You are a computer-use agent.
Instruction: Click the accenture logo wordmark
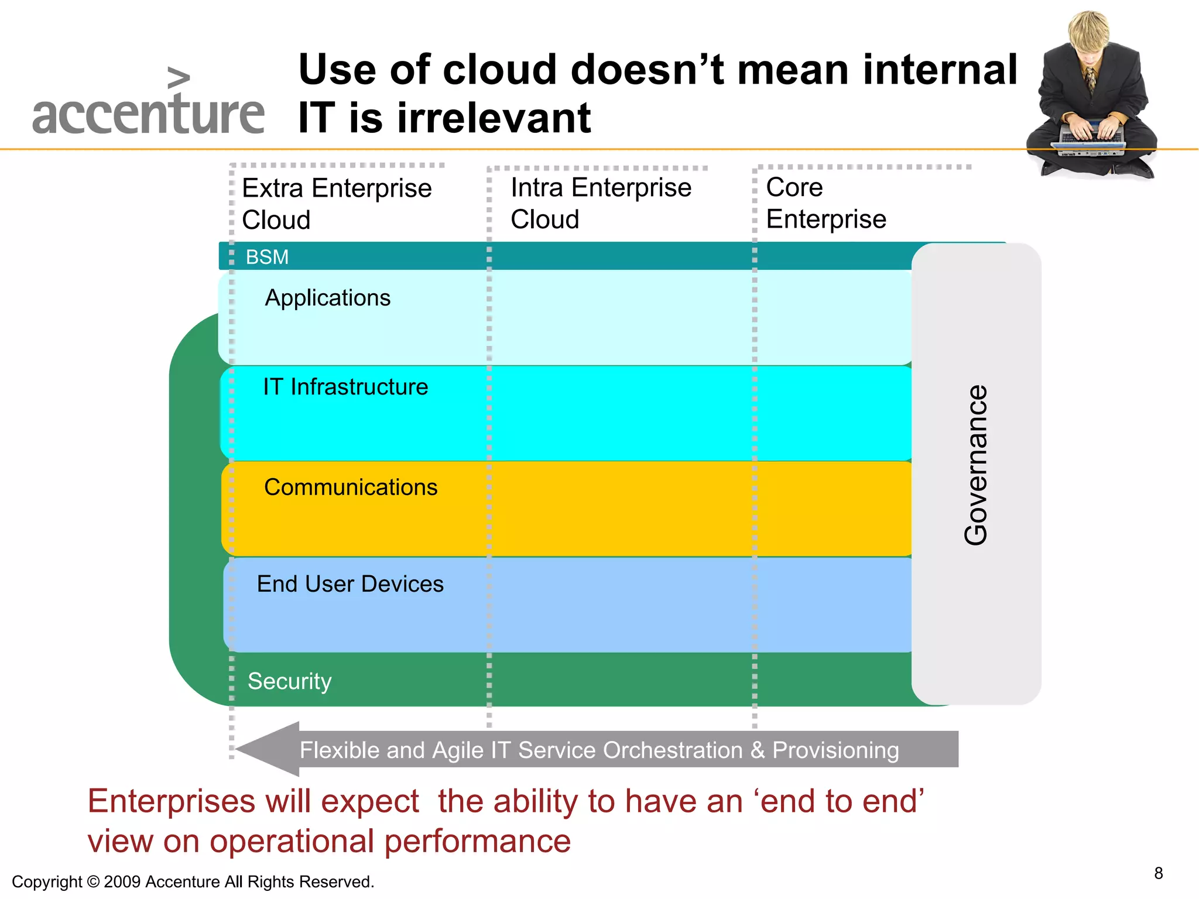(148, 115)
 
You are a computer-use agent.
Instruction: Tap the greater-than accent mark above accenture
(178, 78)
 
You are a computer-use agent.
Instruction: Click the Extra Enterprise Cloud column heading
(337, 204)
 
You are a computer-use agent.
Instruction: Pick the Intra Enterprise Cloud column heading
(600, 203)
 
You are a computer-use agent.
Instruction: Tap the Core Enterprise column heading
(825, 203)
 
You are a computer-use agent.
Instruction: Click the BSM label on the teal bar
(267, 257)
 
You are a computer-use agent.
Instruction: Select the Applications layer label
(327, 298)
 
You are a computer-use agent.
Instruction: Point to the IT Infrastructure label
(345, 387)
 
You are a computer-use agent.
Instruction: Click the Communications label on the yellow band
(351, 487)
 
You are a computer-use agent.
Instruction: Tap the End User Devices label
(350, 584)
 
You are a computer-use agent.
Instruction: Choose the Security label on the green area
(289, 681)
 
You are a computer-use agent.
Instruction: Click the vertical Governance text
(976, 465)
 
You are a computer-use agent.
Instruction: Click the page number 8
(1158, 873)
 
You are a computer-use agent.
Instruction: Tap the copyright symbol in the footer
(93, 881)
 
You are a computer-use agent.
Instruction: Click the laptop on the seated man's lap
(1092, 140)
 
